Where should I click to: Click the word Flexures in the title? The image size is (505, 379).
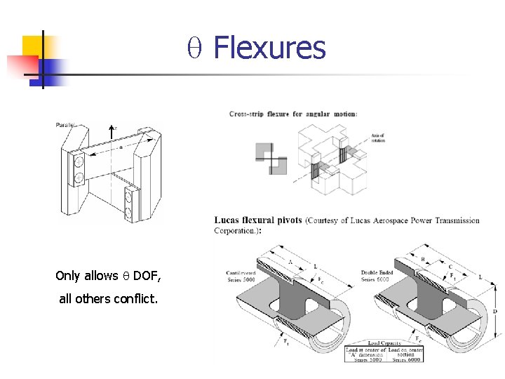pyautogui.click(x=269, y=48)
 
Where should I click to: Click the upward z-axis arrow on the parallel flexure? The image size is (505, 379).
pyautogui.click(x=111, y=133)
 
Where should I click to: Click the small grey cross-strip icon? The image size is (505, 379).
pyautogui.click(x=271, y=158)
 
